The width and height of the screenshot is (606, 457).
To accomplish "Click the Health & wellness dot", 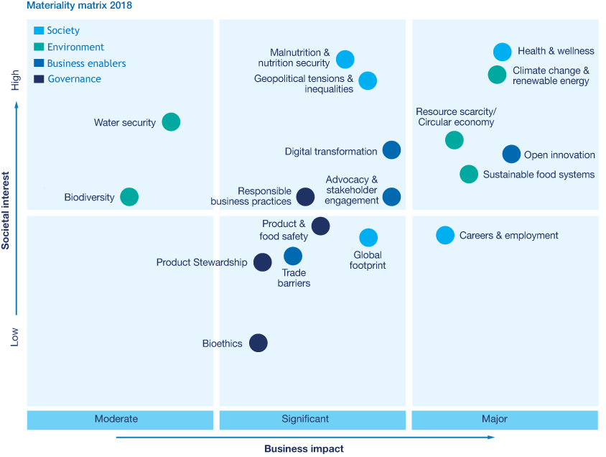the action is click(x=503, y=52).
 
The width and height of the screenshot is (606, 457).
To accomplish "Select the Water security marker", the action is click(x=171, y=122).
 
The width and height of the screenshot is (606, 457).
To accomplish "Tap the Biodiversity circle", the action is click(x=129, y=197).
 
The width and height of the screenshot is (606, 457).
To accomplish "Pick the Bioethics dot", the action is click(x=258, y=343).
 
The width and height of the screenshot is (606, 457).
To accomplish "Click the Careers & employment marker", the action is click(x=445, y=235).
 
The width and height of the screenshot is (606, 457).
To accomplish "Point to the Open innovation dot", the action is click(x=511, y=154).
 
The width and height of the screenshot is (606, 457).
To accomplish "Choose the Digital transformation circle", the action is click(x=391, y=150).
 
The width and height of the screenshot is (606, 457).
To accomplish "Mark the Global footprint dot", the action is click(x=368, y=238).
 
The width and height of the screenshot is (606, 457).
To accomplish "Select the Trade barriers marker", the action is click(x=293, y=256).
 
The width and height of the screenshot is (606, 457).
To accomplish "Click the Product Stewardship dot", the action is click(x=262, y=262).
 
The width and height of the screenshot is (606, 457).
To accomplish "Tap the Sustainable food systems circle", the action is click(x=469, y=174).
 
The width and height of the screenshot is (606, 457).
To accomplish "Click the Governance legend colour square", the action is click(x=39, y=79).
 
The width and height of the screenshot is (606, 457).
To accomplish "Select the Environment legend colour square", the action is click(x=39, y=47).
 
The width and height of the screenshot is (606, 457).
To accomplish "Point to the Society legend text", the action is click(x=63, y=30).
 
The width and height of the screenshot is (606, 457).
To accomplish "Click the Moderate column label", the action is click(x=116, y=419).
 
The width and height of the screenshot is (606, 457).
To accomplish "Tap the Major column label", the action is click(x=495, y=419).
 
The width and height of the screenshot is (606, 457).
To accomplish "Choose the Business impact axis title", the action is click(x=304, y=448).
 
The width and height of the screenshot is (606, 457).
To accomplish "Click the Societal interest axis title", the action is click(x=6, y=211).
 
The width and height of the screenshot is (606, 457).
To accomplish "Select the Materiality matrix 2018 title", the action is click(x=79, y=6).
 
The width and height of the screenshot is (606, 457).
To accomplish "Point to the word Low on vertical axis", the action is click(x=14, y=337).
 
